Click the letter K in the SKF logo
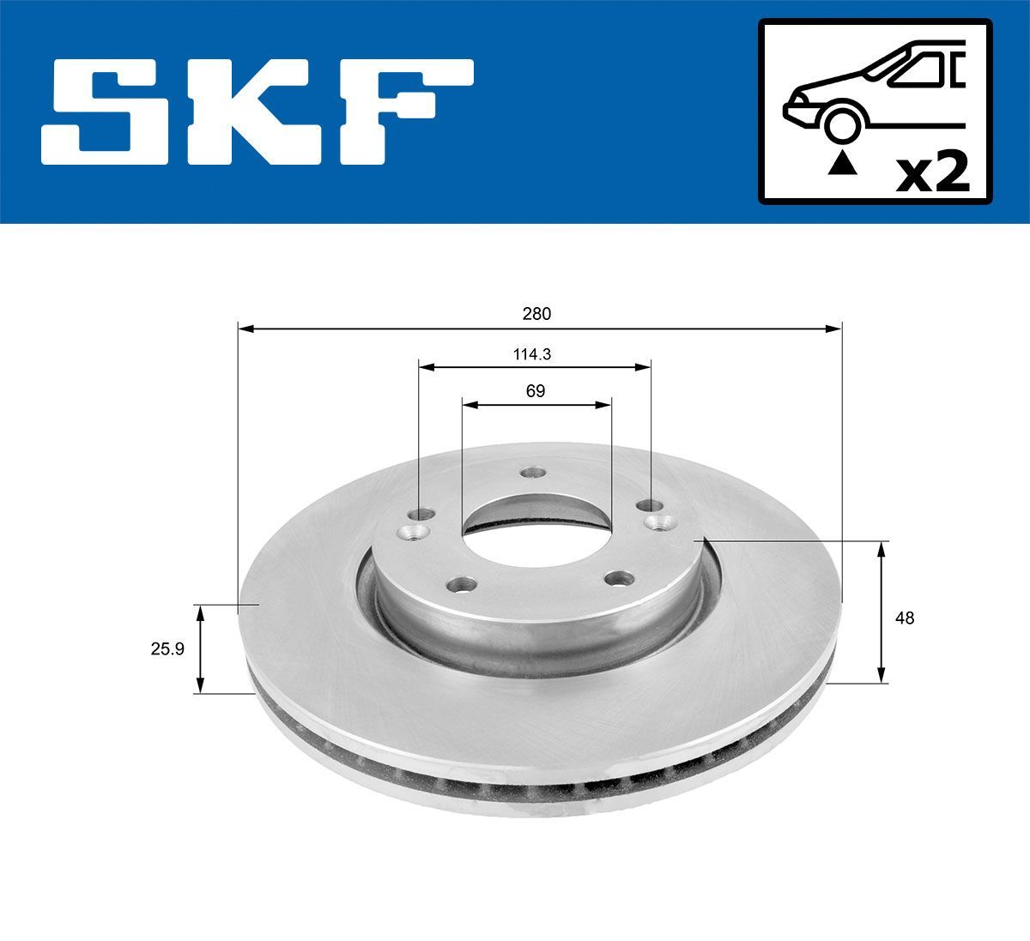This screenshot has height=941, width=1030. point(257,112)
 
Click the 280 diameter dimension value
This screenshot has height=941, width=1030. point(536,314)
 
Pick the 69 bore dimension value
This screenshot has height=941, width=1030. point(535,391)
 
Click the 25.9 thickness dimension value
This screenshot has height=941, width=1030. point(167,649)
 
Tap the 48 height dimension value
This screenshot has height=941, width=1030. point(904,618)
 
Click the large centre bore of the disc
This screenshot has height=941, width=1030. point(536,524)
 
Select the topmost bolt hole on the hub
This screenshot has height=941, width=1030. point(535,473)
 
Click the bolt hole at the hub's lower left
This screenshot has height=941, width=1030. point(463,584)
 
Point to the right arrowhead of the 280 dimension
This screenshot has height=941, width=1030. point(834,328)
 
